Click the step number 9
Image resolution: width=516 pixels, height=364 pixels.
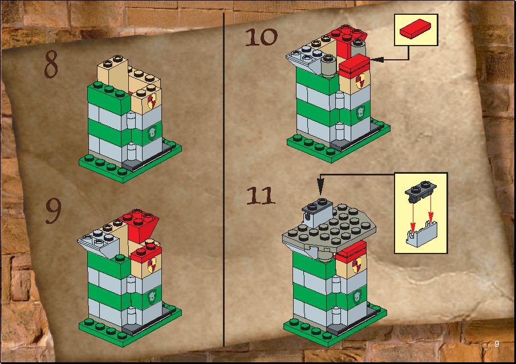pyautogui.click(x=53, y=211)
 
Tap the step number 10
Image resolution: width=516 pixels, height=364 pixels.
pyautogui.click(x=261, y=37)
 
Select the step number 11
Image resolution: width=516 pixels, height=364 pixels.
pyautogui.click(x=261, y=196)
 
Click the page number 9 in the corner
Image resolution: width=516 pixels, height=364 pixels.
pyautogui.click(x=497, y=344)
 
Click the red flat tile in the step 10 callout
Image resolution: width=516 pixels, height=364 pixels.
pyautogui.click(x=416, y=28)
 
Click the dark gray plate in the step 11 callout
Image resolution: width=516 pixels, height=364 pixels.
pyautogui.click(x=421, y=191)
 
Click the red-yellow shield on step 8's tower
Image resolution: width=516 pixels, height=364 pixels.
pyautogui.click(x=152, y=101)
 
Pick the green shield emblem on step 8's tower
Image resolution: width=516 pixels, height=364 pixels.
pyautogui.click(x=152, y=133)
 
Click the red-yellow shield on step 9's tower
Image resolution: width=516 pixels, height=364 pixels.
pyautogui.click(x=152, y=265)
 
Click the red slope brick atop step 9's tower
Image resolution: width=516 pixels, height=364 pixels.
pyautogui.click(x=140, y=224)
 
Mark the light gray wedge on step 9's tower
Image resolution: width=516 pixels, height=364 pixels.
pyautogui.click(x=99, y=243)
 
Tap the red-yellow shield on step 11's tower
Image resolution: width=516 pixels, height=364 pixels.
pyautogui.click(x=357, y=265)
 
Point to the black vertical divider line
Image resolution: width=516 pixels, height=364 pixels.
pyautogui.click(x=224, y=179)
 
